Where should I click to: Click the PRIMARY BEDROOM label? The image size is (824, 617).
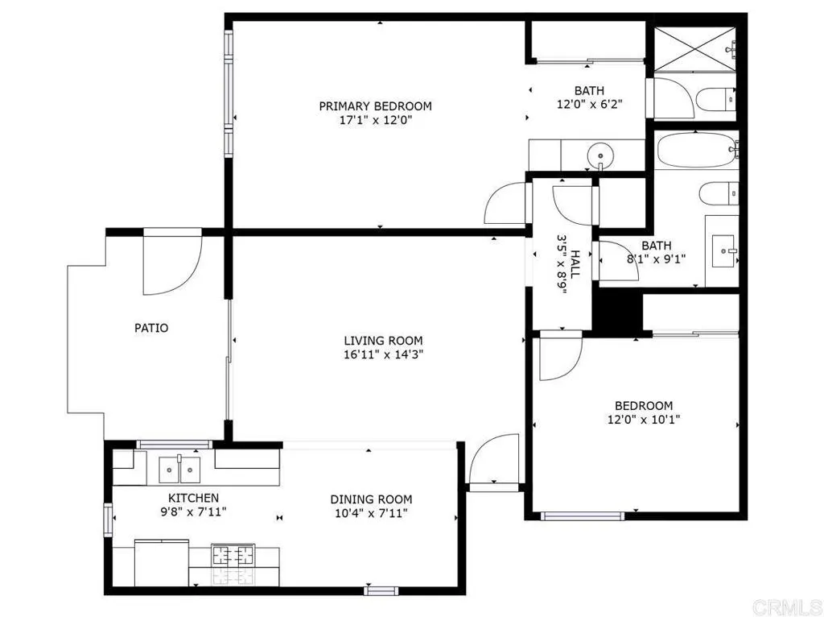coord(375,106)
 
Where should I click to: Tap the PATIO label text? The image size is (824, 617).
coord(151,328)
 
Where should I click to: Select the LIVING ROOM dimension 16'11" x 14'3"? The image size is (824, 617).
coord(383,354)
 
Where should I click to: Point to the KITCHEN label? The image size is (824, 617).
coord(193,499)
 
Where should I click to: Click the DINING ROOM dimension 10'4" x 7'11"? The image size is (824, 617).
coord(372,513)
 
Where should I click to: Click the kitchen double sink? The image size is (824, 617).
coord(179,466)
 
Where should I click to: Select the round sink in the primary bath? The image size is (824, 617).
coord(599,154)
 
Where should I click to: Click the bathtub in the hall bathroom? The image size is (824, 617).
coord(694,150)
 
